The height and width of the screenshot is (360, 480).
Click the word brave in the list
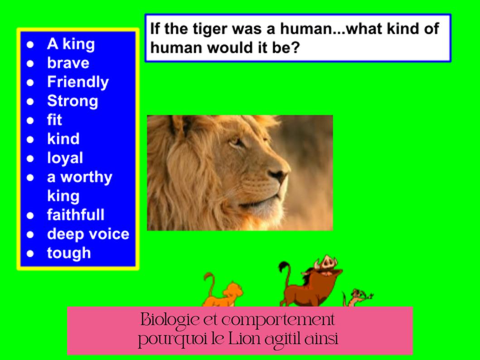(x=68, y=63)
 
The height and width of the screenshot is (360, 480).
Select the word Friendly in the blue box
(x=78, y=82)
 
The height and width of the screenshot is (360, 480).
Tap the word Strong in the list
(x=73, y=101)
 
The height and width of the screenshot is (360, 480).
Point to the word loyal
(x=65, y=158)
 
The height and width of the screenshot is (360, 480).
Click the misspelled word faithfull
(x=76, y=214)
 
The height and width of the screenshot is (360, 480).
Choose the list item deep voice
(x=88, y=234)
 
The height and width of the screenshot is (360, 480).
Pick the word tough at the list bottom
(x=69, y=253)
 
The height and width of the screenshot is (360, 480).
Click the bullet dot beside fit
(x=30, y=120)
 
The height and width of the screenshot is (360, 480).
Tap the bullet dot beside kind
(x=30, y=140)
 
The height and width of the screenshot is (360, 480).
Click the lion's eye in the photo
(x=236, y=142)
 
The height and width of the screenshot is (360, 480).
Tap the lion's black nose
(x=278, y=175)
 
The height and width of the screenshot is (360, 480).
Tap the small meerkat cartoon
(x=357, y=297)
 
